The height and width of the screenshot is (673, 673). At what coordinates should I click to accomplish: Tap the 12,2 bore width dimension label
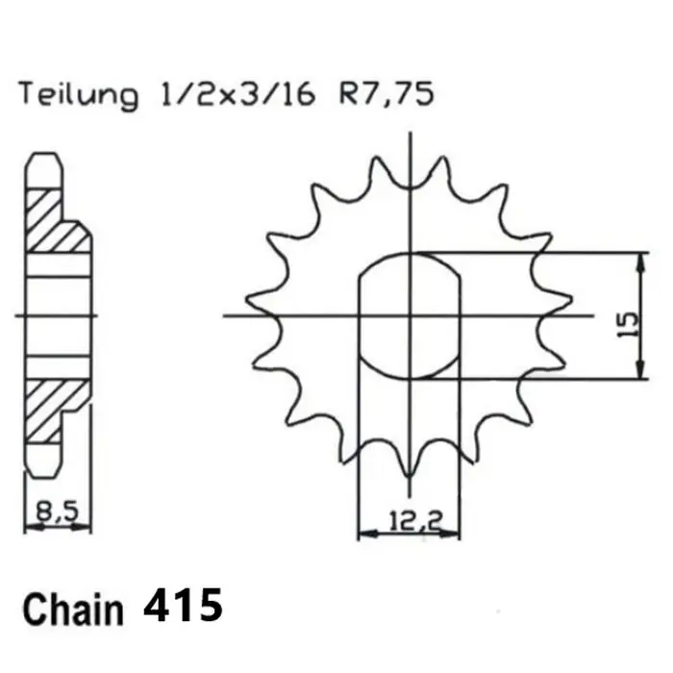410,523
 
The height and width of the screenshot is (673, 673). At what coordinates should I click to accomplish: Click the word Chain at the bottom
73,611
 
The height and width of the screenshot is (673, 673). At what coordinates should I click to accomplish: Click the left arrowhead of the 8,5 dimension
27,527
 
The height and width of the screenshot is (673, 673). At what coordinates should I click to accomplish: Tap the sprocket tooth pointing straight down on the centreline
411,471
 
